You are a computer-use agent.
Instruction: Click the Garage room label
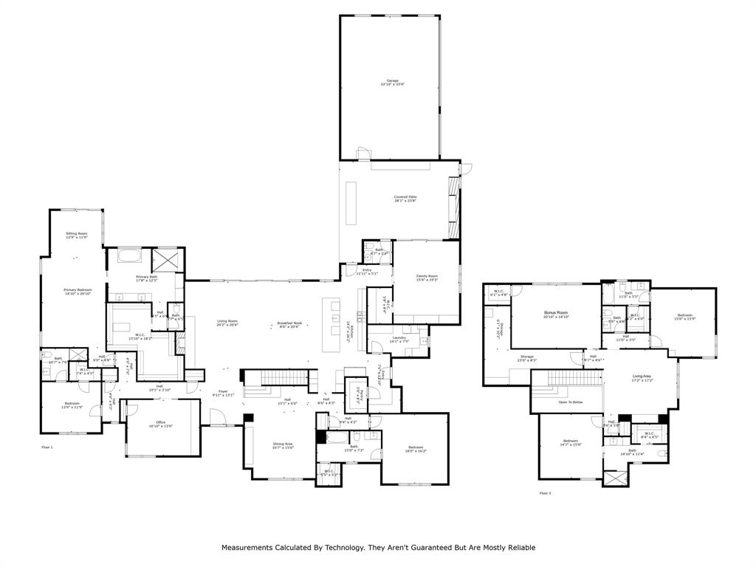click(x=392, y=81)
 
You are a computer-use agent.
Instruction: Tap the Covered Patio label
click(x=405, y=198)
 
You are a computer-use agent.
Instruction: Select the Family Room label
click(x=427, y=277)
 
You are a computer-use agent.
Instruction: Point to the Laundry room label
click(x=399, y=338)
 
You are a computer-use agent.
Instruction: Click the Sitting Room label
click(x=76, y=234)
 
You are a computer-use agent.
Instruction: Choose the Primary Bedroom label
click(x=77, y=290)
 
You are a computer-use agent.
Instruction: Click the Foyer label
click(x=223, y=392)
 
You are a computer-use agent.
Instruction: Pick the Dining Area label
click(x=283, y=444)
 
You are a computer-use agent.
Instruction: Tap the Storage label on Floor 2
click(x=526, y=357)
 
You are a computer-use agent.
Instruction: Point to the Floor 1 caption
click(x=47, y=447)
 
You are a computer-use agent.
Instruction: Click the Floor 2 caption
click(x=545, y=492)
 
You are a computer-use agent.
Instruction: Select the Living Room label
click(x=227, y=321)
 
